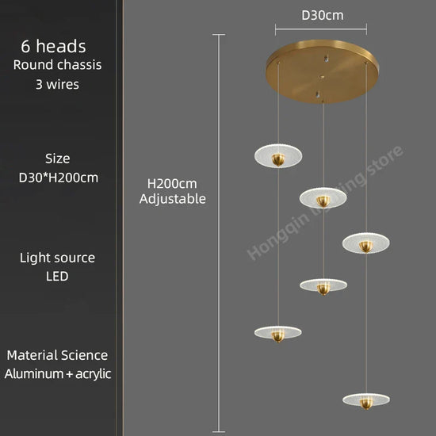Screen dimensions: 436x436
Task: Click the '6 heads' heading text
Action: [53, 46]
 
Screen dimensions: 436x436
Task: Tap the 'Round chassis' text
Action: [57, 65]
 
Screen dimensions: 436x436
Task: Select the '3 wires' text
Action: [57, 84]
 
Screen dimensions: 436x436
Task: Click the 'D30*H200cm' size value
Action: [59, 178]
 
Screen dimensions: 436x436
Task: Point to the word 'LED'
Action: [57, 276]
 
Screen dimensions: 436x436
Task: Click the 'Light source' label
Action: [57, 258]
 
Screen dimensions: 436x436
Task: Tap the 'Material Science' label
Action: [57, 355]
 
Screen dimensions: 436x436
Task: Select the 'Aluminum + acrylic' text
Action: [58, 373]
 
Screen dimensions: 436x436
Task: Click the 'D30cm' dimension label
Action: [323, 15]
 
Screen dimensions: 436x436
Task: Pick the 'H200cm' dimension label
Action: [172, 184]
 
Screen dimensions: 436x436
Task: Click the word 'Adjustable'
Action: [173, 199]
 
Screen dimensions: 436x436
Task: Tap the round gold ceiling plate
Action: [322, 71]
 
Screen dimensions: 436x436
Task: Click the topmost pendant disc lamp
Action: [278, 155]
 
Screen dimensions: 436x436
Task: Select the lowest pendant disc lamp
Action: [366, 400]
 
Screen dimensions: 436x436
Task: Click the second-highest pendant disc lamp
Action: [323, 198]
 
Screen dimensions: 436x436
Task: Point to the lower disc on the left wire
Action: [277, 334]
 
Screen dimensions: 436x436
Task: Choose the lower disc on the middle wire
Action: [323, 286]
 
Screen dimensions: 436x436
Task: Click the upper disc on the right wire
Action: [366, 243]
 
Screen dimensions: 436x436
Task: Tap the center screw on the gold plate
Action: [322, 77]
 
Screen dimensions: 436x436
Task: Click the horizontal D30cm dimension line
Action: [321, 29]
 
